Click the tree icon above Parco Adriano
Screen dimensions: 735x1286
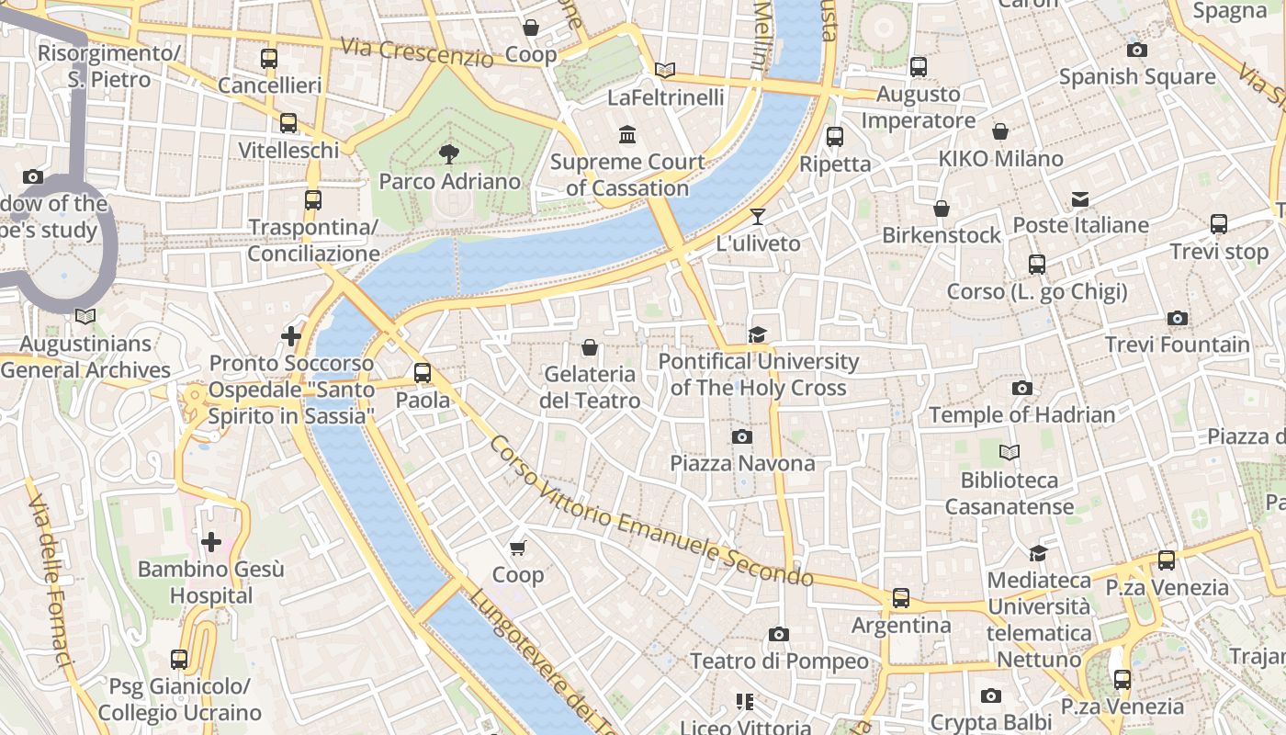coord(449,153)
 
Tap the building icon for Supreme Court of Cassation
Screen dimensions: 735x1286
coord(627,135)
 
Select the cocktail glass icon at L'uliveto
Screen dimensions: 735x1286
coord(757,217)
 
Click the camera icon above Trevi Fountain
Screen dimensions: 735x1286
coord(1177,318)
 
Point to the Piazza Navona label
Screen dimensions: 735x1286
coord(742,463)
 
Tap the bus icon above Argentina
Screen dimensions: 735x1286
coord(901,598)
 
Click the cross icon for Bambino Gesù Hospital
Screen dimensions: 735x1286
coord(211,542)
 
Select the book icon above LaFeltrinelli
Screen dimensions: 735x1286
coord(665,70)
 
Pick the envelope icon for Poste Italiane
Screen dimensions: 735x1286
coord(1080,198)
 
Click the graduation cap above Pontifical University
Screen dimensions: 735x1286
coord(757,334)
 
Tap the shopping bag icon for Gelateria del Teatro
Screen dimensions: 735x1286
coord(590,347)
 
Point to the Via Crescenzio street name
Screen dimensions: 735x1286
coord(416,51)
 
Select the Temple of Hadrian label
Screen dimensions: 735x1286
coord(1021,414)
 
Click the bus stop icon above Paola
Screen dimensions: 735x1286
coord(423,373)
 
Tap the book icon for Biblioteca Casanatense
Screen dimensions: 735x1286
coord(1010,453)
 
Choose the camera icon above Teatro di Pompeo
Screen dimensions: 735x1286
coord(778,634)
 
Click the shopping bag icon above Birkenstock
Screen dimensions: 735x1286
coord(941,209)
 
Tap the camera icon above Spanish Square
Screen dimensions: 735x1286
coord(1137,50)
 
